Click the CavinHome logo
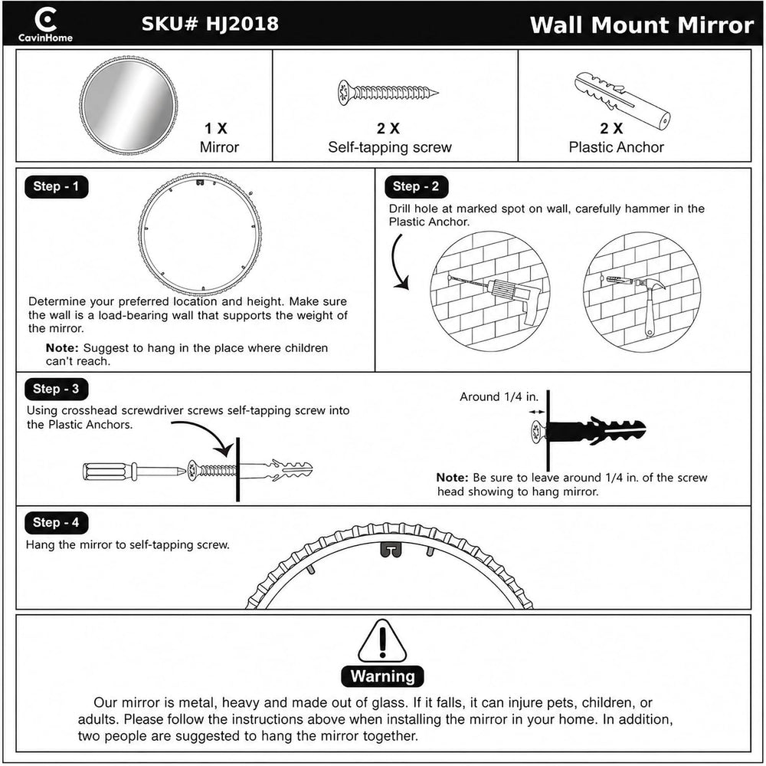(45, 25)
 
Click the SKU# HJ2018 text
(210, 24)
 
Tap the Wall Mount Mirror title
(642, 25)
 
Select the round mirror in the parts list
(129, 105)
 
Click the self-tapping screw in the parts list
(388, 92)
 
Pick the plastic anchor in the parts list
(623, 100)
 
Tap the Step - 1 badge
(56, 186)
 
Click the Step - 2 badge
(416, 186)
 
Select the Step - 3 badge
(56, 389)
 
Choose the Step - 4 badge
(56, 522)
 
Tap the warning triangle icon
(382, 641)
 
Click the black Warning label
(382, 676)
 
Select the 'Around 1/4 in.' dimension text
(499, 396)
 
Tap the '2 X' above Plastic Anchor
(611, 128)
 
